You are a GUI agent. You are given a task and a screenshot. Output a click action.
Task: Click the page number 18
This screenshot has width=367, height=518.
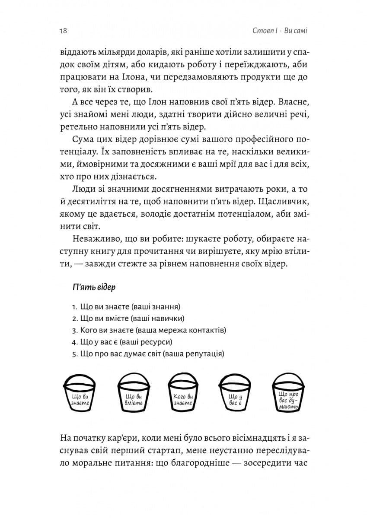[x=63, y=31]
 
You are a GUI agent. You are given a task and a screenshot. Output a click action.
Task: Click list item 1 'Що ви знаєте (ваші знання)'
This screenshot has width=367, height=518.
[x=126, y=306]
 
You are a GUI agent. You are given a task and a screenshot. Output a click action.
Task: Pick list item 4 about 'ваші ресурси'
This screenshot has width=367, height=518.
[x=122, y=342]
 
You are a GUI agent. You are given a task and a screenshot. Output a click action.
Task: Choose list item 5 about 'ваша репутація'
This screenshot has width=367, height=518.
[x=147, y=354]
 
